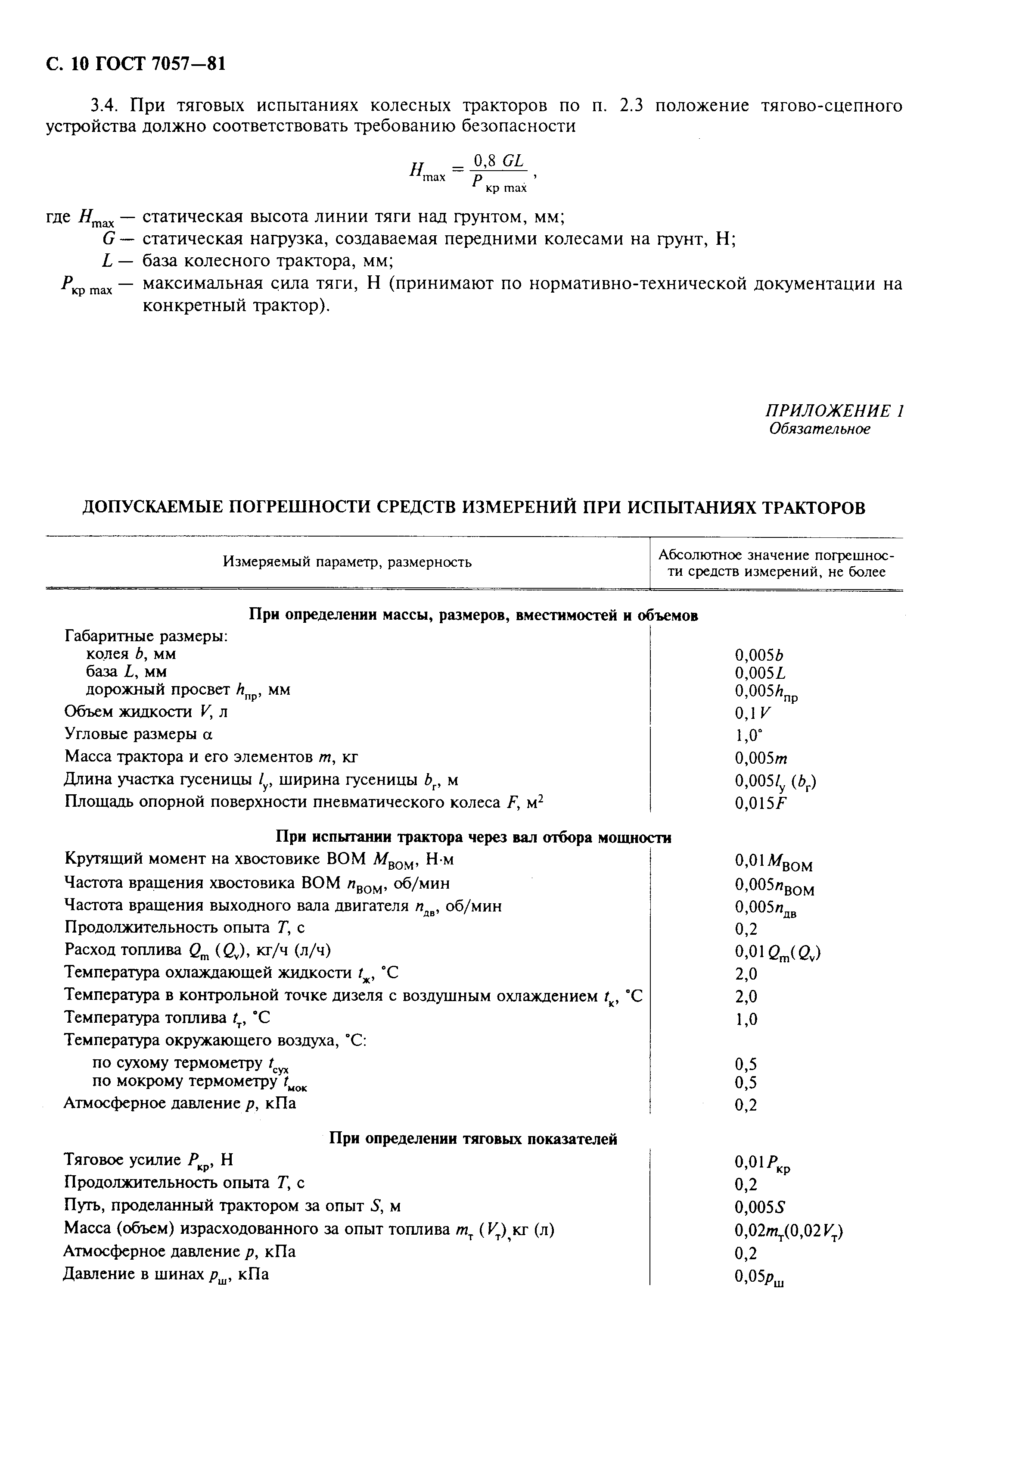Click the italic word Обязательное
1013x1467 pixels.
(x=820, y=429)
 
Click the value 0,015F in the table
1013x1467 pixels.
(x=760, y=803)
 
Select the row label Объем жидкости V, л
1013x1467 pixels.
(x=146, y=712)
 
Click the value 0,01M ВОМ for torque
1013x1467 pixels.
(x=773, y=862)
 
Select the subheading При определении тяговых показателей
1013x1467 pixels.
(x=473, y=1139)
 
